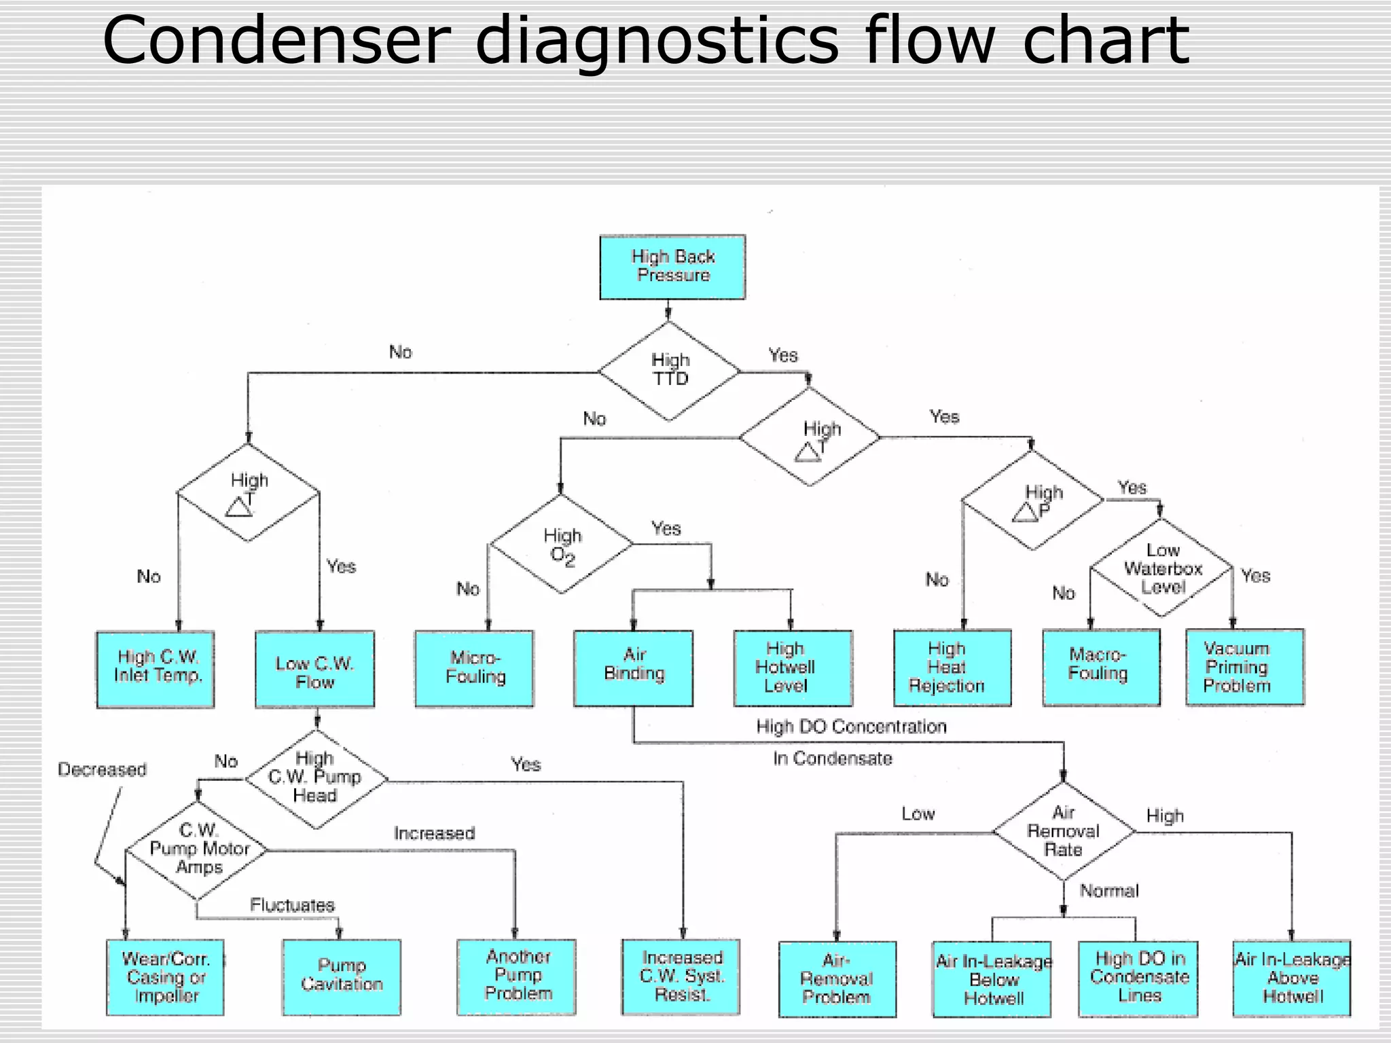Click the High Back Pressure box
(x=672, y=267)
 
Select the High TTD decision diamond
(x=670, y=371)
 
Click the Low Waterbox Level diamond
(x=1161, y=568)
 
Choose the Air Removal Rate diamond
(x=1064, y=831)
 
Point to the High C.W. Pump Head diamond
(x=315, y=779)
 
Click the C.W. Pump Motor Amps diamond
(x=198, y=850)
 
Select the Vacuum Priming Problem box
(x=1244, y=667)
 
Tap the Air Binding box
(x=633, y=668)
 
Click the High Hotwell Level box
(x=792, y=668)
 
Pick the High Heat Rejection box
(x=952, y=668)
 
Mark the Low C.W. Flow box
(x=314, y=670)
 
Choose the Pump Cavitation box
(x=342, y=976)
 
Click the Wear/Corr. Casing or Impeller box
(x=165, y=977)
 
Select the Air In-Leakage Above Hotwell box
(x=1292, y=978)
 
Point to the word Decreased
(x=102, y=769)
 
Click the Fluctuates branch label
(x=292, y=905)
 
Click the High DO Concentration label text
(x=851, y=727)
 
